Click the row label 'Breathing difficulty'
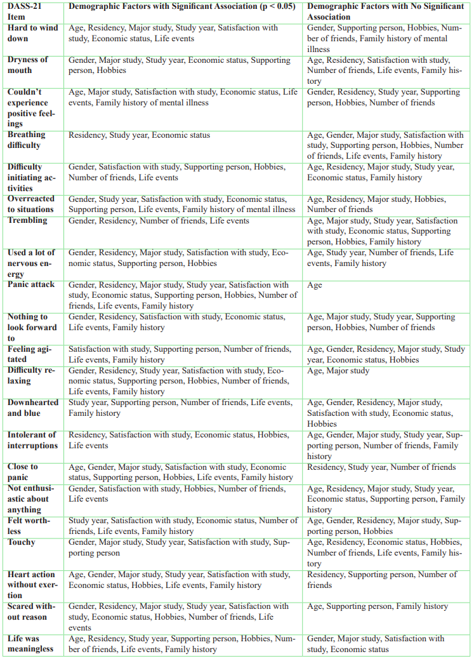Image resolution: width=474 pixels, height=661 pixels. [26, 140]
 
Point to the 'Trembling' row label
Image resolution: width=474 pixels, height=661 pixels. [27, 220]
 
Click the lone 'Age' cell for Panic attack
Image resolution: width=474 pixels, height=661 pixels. [315, 285]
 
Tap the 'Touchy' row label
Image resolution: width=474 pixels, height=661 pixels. [22, 542]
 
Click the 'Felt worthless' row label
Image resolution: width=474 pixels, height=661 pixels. [29, 525]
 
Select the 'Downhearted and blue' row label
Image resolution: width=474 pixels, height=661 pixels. [32, 408]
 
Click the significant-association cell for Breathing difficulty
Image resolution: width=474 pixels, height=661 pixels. [139, 135]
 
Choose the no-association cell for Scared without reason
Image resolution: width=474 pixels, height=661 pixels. [378, 606]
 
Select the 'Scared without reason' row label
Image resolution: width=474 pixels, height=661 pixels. [31, 611]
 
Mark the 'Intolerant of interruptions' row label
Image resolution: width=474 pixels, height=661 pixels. [32, 439]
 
